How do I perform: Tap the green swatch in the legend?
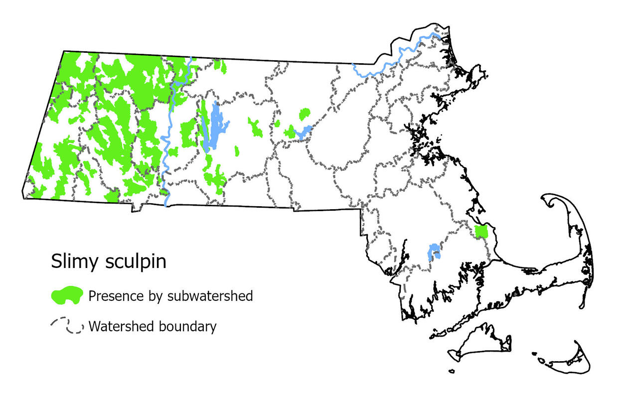click(67, 296)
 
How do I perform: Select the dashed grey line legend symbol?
click(67, 326)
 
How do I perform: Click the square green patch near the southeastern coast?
click(481, 232)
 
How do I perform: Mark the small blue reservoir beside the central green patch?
click(303, 132)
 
